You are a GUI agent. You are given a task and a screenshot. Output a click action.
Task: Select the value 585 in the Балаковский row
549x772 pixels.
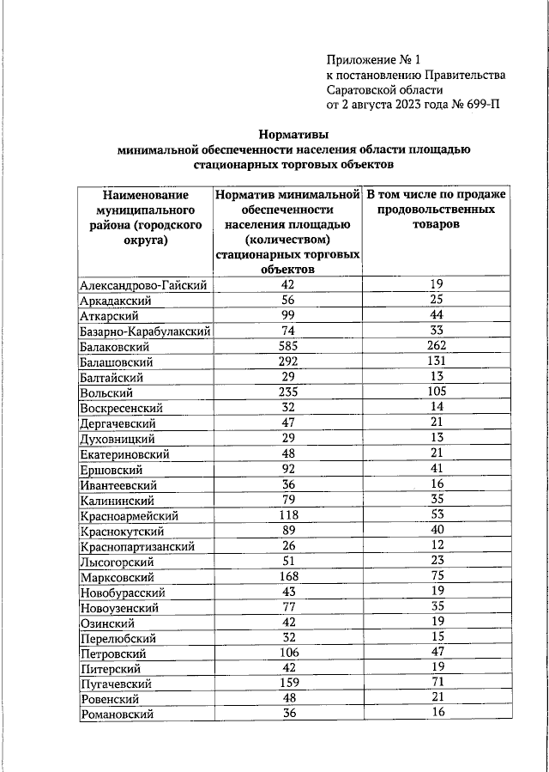287,347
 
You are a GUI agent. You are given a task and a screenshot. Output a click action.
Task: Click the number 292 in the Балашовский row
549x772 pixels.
287,362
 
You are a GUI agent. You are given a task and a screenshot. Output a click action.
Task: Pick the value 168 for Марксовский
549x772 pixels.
287,578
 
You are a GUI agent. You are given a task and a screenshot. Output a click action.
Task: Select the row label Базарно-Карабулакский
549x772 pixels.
145,331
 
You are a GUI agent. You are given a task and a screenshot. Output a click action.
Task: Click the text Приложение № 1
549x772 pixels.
375,59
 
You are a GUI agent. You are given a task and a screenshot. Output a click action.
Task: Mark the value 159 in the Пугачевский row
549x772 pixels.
287,684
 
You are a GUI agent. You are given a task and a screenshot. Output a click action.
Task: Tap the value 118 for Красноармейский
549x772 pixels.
287,516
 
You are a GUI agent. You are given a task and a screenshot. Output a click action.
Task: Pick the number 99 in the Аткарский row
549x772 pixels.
287,316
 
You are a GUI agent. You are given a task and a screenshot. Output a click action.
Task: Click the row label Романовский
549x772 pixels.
116,714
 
